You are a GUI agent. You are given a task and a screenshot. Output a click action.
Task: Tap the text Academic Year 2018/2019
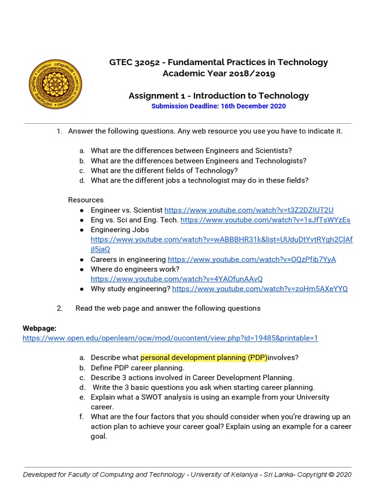click(x=218, y=73)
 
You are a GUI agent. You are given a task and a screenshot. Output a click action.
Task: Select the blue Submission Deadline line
click(x=218, y=106)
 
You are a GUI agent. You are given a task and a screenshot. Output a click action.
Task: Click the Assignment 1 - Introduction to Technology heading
click(x=218, y=95)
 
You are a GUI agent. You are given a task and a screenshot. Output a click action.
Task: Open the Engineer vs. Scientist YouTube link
click(x=249, y=210)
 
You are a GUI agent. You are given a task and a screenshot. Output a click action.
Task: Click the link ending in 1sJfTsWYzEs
click(x=265, y=220)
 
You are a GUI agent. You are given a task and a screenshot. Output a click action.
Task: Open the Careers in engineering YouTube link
click(x=252, y=259)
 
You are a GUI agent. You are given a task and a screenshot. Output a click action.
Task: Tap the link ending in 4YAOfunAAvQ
click(x=177, y=279)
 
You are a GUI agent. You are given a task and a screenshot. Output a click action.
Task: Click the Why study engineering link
click(x=259, y=289)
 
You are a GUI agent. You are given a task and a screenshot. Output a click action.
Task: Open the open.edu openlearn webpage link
click(x=170, y=338)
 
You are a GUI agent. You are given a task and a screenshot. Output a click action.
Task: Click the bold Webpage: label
click(x=40, y=328)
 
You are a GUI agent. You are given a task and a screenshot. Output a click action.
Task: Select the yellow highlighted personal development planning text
click(x=204, y=358)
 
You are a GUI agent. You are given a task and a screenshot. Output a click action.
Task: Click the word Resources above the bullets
click(x=86, y=200)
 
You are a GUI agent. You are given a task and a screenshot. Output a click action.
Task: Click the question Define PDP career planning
click(x=138, y=367)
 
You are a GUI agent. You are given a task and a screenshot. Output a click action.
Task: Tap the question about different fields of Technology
click(x=164, y=170)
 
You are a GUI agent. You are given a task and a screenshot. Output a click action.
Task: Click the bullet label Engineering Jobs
click(x=119, y=229)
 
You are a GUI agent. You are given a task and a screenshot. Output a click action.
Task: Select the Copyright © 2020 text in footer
click(x=324, y=474)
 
